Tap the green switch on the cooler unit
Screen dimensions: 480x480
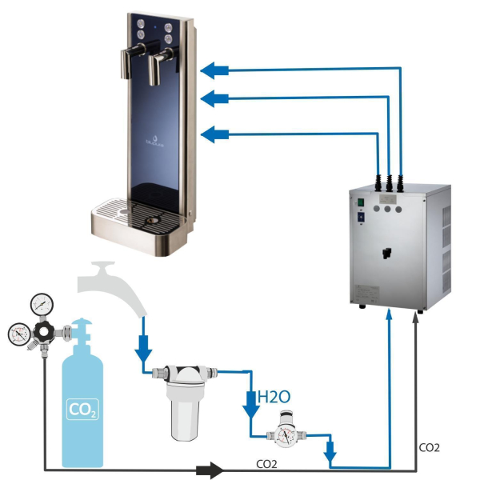click(360, 202)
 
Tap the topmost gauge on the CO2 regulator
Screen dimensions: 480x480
click(38, 304)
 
